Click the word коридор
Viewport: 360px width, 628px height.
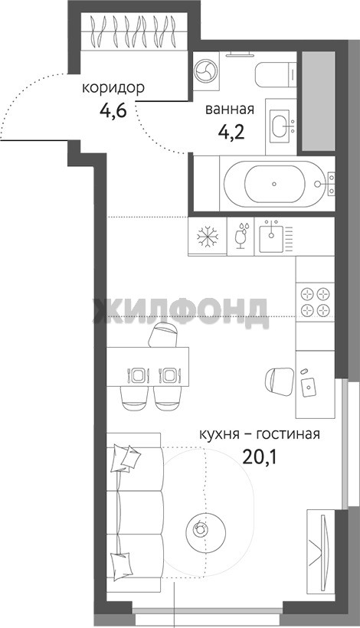[x=113, y=88]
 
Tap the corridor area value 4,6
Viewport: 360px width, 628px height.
[x=113, y=110]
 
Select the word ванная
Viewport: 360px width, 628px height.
[x=230, y=110]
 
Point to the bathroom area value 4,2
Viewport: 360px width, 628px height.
[x=231, y=132]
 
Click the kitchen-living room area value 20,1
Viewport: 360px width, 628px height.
[x=260, y=456]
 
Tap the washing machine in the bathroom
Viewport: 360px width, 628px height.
[x=205, y=70]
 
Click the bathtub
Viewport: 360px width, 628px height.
[x=274, y=184]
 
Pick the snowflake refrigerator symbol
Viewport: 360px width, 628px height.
[x=208, y=235]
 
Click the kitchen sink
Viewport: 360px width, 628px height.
[x=271, y=238]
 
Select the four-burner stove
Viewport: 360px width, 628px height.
[x=315, y=302]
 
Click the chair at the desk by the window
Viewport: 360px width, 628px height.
[x=278, y=381]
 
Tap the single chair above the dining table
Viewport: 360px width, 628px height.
[x=163, y=335]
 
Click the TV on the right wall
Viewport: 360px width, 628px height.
[x=322, y=543]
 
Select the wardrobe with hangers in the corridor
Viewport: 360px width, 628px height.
[x=134, y=31]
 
